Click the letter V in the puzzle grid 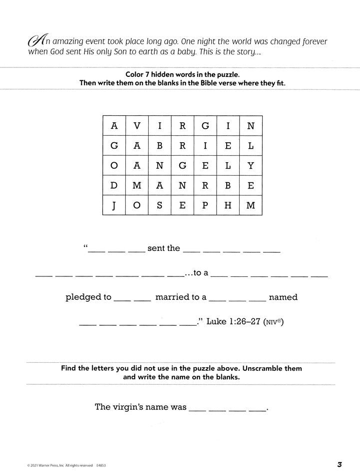[x=137, y=126]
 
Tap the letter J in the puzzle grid [x=114, y=205]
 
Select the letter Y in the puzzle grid [x=251, y=166]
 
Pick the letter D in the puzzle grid [x=114, y=186]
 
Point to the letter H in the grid [x=228, y=205]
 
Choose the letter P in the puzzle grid [x=205, y=205]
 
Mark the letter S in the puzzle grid [x=159, y=205]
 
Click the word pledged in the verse [x=88, y=297]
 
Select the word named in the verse [x=283, y=297]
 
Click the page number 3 [x=339, y=465]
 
